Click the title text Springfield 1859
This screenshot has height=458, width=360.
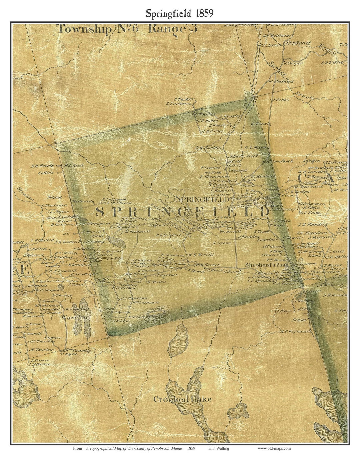click(179, 13)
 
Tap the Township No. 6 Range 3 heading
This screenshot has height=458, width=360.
click(127, 29)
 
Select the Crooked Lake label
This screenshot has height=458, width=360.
click(182, 399)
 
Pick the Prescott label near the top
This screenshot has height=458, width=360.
click(298, 43)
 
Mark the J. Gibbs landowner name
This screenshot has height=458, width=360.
click(281, 100)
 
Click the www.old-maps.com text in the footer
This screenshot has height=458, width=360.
click(274, 448)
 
